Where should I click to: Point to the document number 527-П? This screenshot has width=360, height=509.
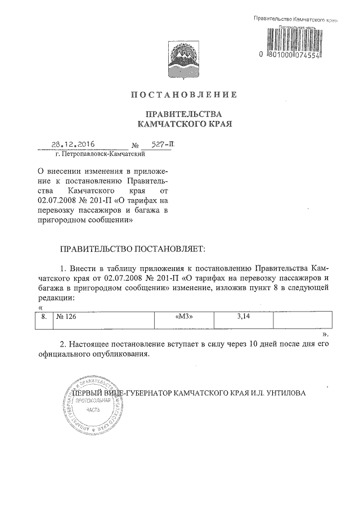point(163,144)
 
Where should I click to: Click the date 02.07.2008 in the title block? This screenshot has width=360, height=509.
point(57,200)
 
